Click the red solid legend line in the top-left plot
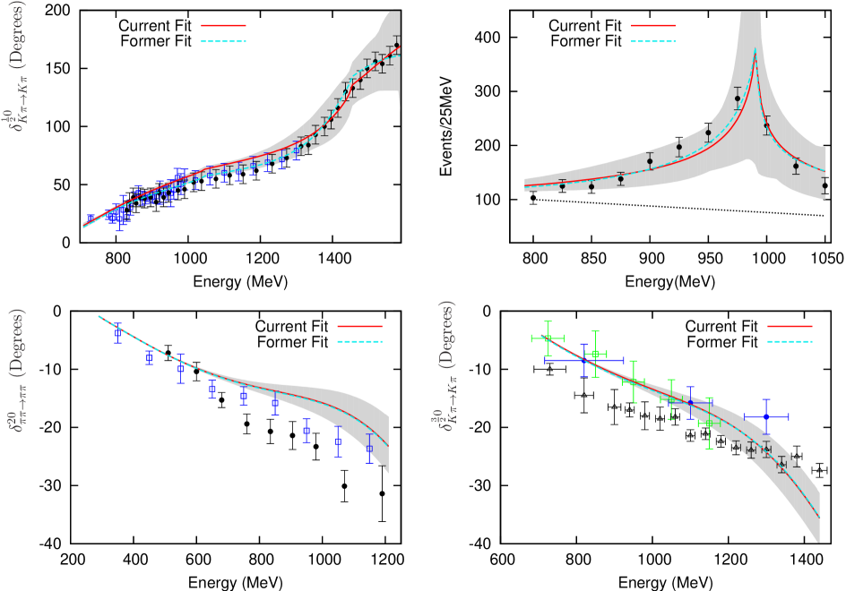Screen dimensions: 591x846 223,26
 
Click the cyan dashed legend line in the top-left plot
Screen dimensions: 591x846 223,41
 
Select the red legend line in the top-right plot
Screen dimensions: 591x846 653,26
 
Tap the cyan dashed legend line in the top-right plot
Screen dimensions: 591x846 653,41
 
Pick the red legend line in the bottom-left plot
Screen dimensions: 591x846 359,327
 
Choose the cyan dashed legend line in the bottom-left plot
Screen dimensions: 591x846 359,341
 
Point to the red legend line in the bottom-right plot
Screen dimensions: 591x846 790,327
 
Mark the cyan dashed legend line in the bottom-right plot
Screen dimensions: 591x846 790,341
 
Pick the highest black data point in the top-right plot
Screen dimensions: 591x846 738,98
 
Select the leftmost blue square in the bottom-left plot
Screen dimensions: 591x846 117,332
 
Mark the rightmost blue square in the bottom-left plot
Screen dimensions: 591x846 369,449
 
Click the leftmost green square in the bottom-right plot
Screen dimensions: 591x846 547,338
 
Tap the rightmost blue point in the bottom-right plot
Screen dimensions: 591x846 765,416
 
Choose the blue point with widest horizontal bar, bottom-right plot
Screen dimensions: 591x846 583,360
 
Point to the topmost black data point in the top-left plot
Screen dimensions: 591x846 396,45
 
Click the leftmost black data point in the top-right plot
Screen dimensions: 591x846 563,185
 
